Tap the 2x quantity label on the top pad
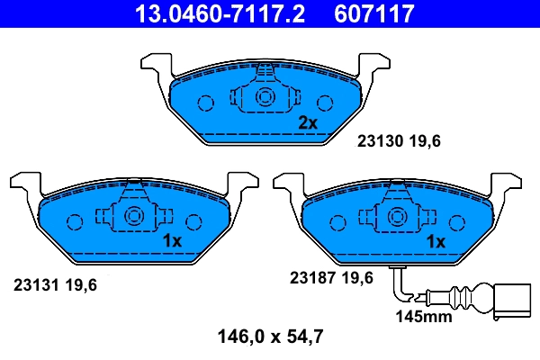pos(308,122)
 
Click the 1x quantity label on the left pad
pos(172,240)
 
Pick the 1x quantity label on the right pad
pos(436,241)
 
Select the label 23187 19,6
pos(330,278)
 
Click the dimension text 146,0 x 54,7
pos(271,337)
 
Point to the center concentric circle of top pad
pos(265,98)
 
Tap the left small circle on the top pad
pos(205,103)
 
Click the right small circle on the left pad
pos(194,220)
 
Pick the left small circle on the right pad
pos(337,220)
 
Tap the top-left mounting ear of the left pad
pos(22,182)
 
